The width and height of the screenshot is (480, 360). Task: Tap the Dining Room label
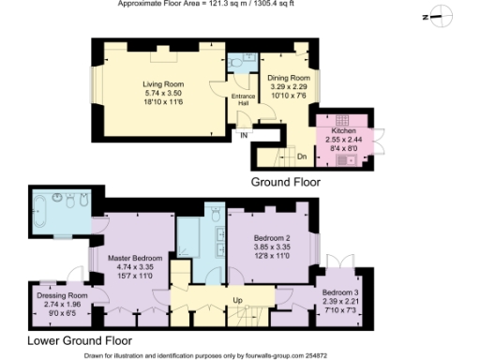point(287,78)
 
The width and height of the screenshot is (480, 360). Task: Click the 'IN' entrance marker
point(243,136)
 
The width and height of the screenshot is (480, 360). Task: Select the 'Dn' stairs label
point(302,156)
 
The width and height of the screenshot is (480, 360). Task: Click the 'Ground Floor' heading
point(285,181)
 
